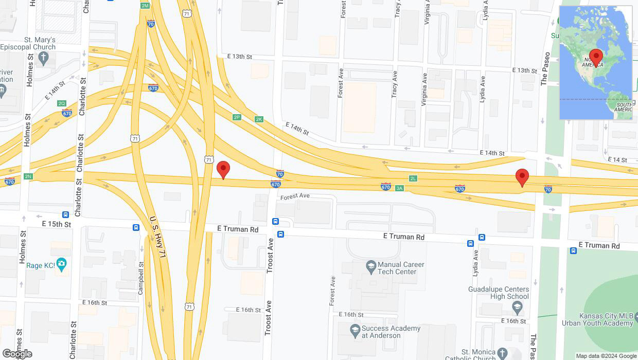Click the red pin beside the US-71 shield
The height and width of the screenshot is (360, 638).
click(223, 170)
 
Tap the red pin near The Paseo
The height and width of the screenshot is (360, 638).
click(522, 177)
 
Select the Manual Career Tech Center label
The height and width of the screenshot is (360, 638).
click(401, 268)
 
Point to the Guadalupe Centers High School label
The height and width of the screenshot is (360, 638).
click(498, 293)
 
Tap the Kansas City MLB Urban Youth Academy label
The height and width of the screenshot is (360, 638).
click(605, 319)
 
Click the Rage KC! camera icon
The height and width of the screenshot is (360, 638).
click(62, 265)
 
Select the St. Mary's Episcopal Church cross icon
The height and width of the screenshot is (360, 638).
click(44, 57)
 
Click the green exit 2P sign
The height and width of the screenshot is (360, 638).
click(237, 117)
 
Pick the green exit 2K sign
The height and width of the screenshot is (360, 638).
click(259, 119)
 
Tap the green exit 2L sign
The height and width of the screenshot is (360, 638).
click(413, 178)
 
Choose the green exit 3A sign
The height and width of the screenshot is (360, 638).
click(399, 188)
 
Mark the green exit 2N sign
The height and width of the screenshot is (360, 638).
click(28, 176)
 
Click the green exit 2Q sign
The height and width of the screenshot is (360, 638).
click(62, 103)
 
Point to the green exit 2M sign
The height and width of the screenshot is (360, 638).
click(145, 6)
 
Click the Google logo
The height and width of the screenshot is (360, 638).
click(16, 353)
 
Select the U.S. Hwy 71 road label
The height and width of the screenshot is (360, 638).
click(158, 237)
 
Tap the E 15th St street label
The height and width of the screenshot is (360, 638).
click(57, 224)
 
